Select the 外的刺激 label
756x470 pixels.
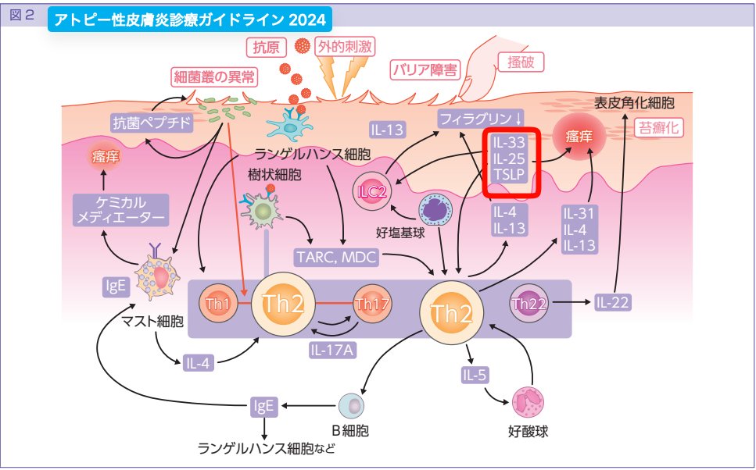click(x=345, y=48)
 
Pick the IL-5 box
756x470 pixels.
click(x=475, y=375)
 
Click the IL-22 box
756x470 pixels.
click(x=612, y=302)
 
